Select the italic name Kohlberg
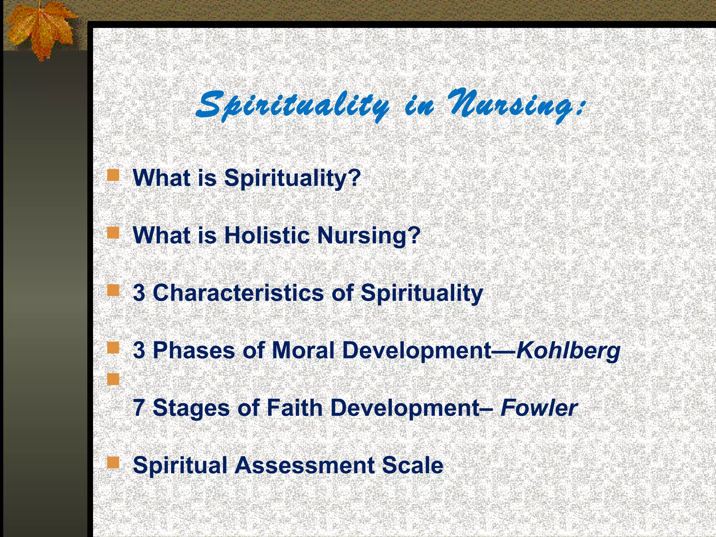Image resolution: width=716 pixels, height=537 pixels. click(568, 350)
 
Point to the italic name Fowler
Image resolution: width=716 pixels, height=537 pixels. click(539, 408)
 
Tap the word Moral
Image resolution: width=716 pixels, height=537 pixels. click(303, 350)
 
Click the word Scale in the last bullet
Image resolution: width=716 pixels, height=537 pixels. click(413, 465)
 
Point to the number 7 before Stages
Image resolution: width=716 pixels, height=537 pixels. click(139, 408)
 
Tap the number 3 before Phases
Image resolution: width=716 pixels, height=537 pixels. click(139, 350)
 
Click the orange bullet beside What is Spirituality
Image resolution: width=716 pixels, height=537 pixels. click(113, 175)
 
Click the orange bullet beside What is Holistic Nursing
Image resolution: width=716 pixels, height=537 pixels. click(113, 232)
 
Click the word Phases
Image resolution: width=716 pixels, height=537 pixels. click(194, 350)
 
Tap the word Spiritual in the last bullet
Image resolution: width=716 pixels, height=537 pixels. click(180, 465)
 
